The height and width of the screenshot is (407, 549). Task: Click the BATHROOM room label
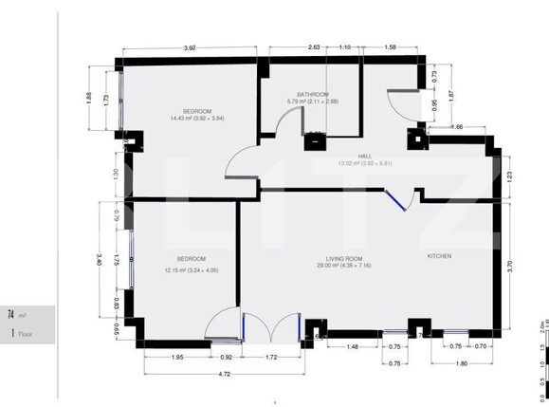(x=312, y=95)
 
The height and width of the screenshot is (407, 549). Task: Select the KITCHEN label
(x=438, y=256)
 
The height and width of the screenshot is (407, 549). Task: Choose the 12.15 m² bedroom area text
(x=191, y=268)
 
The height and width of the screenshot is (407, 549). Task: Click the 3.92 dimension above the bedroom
(x=190, y=46)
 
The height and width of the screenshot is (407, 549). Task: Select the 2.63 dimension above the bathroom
(x=313, y=46)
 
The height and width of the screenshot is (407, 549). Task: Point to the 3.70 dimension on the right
(x=509, y=267)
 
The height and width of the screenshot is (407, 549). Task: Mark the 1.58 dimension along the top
(x=390, y=46)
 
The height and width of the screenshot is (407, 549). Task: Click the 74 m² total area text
(x=17, y=314)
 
